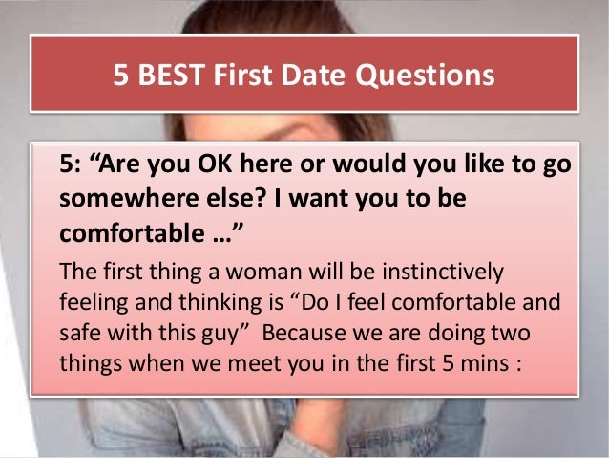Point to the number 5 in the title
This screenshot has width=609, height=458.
[x=121, y=74]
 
